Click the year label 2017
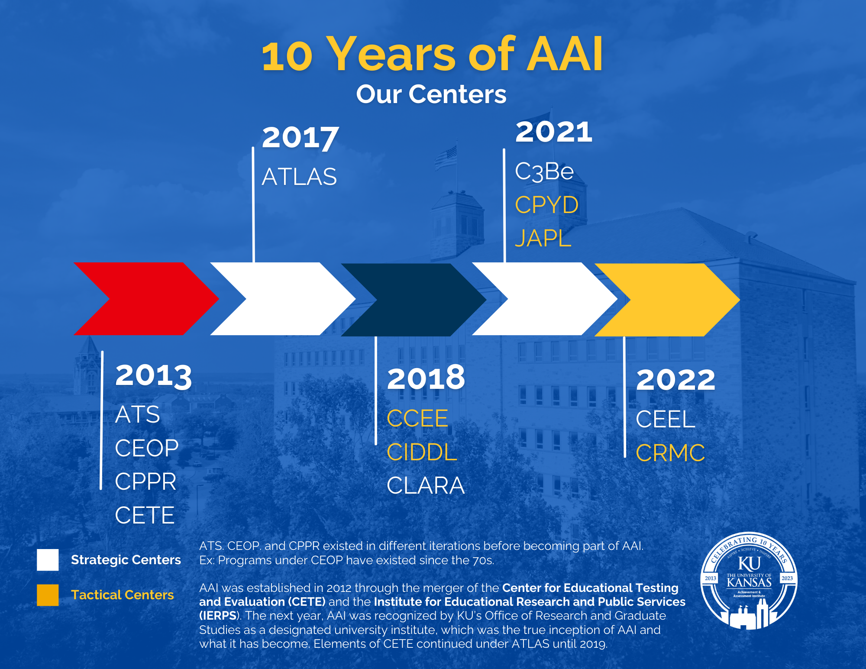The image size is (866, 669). pos(300,138)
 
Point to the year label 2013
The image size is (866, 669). pos(154,375)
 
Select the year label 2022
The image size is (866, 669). pos(675,380)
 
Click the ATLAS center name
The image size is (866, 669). pos(299,177)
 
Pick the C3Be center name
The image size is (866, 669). pos(544,172)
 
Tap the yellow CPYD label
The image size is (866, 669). pos(546,205)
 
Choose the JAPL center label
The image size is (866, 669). pos(543,238)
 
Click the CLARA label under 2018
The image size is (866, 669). pos(426,485)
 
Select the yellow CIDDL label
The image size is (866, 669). pos(422,452)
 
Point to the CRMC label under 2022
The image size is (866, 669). pos(670,453)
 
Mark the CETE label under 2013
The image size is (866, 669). pos(145,515)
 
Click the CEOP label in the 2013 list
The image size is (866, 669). pos(147,448)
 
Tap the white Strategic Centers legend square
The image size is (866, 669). pos(48,560)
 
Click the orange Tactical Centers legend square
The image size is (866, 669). pos(48,595)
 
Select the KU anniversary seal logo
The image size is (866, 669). pos(749,580)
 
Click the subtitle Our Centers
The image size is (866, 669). pos(431,94)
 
